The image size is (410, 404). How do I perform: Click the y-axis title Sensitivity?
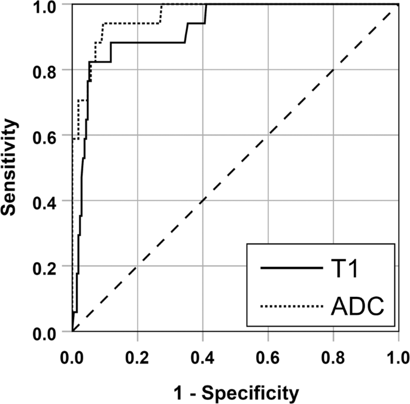pos(10,166)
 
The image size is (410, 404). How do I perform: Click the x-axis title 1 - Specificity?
pos(235,393)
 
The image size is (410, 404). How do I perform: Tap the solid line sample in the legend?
pos(291,269)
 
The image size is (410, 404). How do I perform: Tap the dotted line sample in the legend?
pos(291,307)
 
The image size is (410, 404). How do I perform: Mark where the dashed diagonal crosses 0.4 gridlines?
pos(202,201)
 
